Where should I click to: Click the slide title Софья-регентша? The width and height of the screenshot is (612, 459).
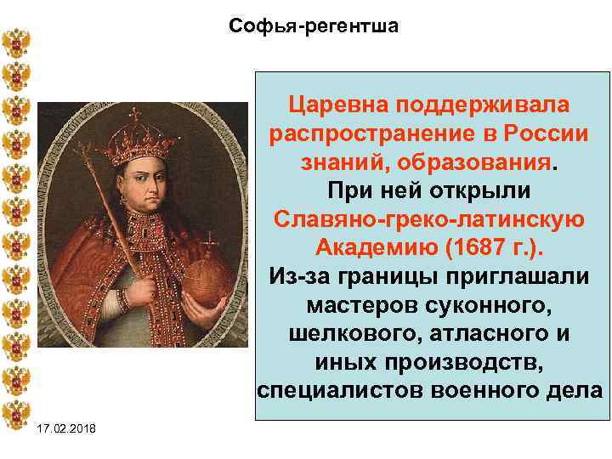[x=314, y=26]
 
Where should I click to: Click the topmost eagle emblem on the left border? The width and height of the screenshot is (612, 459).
[x=16, y=41]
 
